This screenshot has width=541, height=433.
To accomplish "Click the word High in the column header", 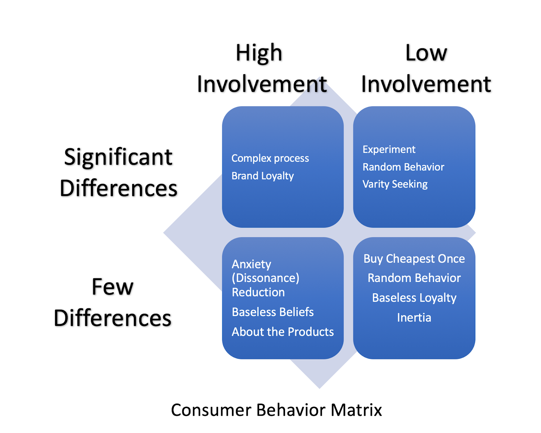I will click(x=259, y=53).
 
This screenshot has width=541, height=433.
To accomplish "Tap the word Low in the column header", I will click(x=426, y=53).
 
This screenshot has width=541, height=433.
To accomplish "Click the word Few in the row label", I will click(x=113, y=287).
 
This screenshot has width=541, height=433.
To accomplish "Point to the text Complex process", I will click(x=270, y=158).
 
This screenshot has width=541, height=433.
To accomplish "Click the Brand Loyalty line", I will click(x=263, y=176).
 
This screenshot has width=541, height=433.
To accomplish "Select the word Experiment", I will click(x=389, y=149).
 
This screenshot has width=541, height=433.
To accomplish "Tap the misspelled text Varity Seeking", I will click(x=395, y=184).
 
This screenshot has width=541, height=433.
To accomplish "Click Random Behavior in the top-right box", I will click(x=403, y=167).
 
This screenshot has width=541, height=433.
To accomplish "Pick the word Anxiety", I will click(x=252, y=264).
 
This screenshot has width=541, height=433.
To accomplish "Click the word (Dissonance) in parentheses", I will click(x=265, y=278).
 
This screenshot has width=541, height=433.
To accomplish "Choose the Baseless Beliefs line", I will click(x=273, y=312).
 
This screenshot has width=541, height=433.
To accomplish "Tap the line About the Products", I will click(x=283, y=332).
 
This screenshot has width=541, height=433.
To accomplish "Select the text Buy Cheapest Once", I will click(x=414, y=259).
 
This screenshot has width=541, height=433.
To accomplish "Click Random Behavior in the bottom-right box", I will click(x=414, y=278).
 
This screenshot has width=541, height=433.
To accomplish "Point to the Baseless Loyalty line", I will click(x=414, y=298).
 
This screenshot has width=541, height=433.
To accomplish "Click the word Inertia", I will click(x=414, y=318).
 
